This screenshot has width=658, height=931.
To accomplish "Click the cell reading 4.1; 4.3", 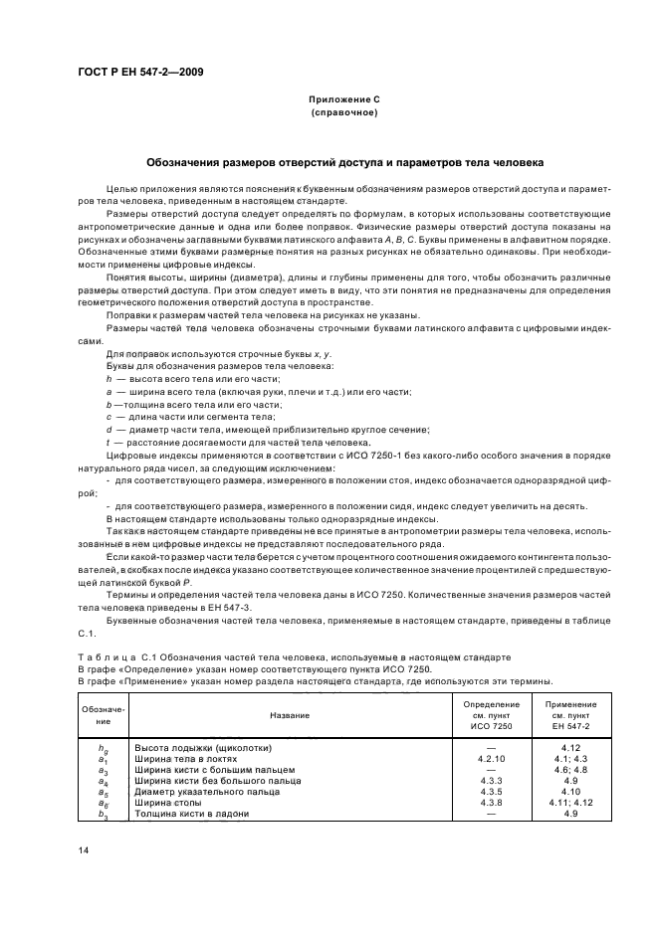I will pos(570,758).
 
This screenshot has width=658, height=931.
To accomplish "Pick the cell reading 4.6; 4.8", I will pos(570,769).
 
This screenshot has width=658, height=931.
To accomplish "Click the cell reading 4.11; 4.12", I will pos(570,803).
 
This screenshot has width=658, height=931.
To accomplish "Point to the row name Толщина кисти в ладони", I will pos(191,814).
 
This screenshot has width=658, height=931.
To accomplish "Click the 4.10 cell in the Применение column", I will pos(570,792).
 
